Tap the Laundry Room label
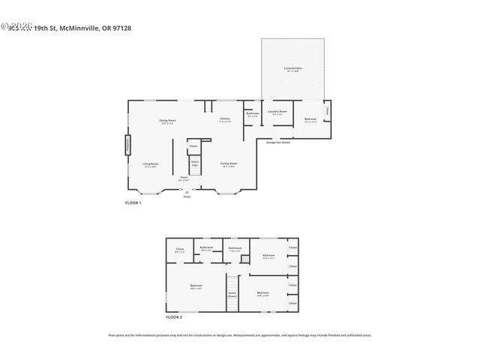tap(277, 112)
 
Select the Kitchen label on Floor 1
tap(225, 120)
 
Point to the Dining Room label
tap(166, 121)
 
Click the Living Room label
tap(151, 164)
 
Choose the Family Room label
tap(229, 164)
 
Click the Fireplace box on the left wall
tap(127, 144)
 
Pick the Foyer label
tap(184, 178)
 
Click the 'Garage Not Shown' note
tap(278, 142)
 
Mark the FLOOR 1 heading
tap(133, 203)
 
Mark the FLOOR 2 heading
tap(174, 318)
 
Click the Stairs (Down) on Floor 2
tap(232, 294)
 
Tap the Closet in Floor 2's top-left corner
tap(180, 250)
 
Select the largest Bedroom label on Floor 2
tap(196, 286)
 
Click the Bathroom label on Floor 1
tap(252, 115)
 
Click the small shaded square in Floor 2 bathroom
tap(244, 259)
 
